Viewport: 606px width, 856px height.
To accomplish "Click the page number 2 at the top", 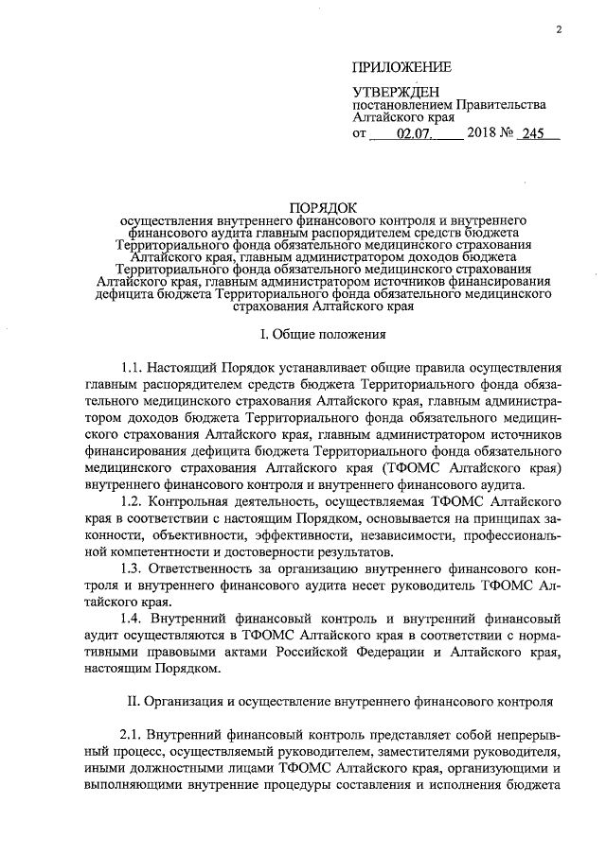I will [x=559, y=29].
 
